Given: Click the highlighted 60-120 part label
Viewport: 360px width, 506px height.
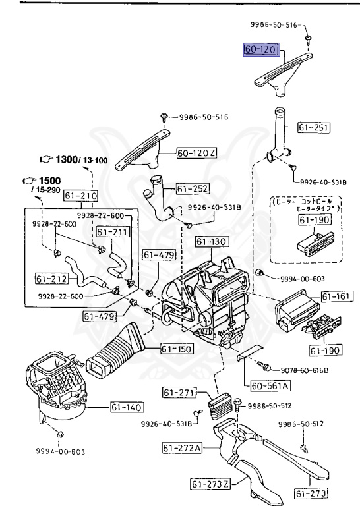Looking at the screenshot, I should (x=262, y=50).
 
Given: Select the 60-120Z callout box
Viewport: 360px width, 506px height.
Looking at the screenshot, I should (x=196, y=153).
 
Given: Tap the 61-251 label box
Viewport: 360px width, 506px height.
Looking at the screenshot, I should (x=313, y=128).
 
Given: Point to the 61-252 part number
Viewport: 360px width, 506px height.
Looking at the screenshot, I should (x=192, y=189).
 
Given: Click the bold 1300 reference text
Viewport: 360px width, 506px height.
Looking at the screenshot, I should (x=68, y=160).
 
